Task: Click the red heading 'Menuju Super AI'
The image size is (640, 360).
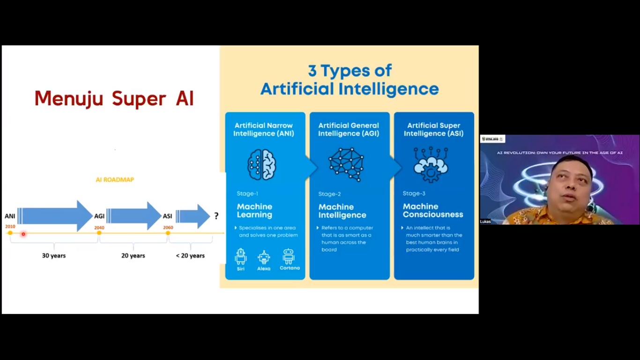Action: point(114,98)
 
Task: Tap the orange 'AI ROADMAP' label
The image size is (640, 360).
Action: point(115,180)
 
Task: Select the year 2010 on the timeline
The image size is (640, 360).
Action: point(10,227)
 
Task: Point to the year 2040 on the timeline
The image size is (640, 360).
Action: point(99,228)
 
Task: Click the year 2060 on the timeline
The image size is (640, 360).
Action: point(168,228)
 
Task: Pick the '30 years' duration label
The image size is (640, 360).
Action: point(54,255)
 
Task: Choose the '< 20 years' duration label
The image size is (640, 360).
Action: point(190,255)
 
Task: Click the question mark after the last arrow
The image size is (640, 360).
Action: point(216,216)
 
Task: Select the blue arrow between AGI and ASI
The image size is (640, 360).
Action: point(134,216)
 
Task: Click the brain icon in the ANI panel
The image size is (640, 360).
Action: point(262,165)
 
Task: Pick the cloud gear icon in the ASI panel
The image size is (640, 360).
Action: point(431,165)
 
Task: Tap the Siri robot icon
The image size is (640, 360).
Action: point(241,257)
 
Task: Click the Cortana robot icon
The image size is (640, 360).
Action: point(289,256)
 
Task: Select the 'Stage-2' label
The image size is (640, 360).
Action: point(329,194)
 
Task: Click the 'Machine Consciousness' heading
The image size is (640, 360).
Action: point(433,210)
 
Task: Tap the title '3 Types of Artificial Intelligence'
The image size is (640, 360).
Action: point(350,80)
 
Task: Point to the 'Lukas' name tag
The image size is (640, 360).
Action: point(485,221)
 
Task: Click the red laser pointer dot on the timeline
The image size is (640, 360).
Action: point(23,234)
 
